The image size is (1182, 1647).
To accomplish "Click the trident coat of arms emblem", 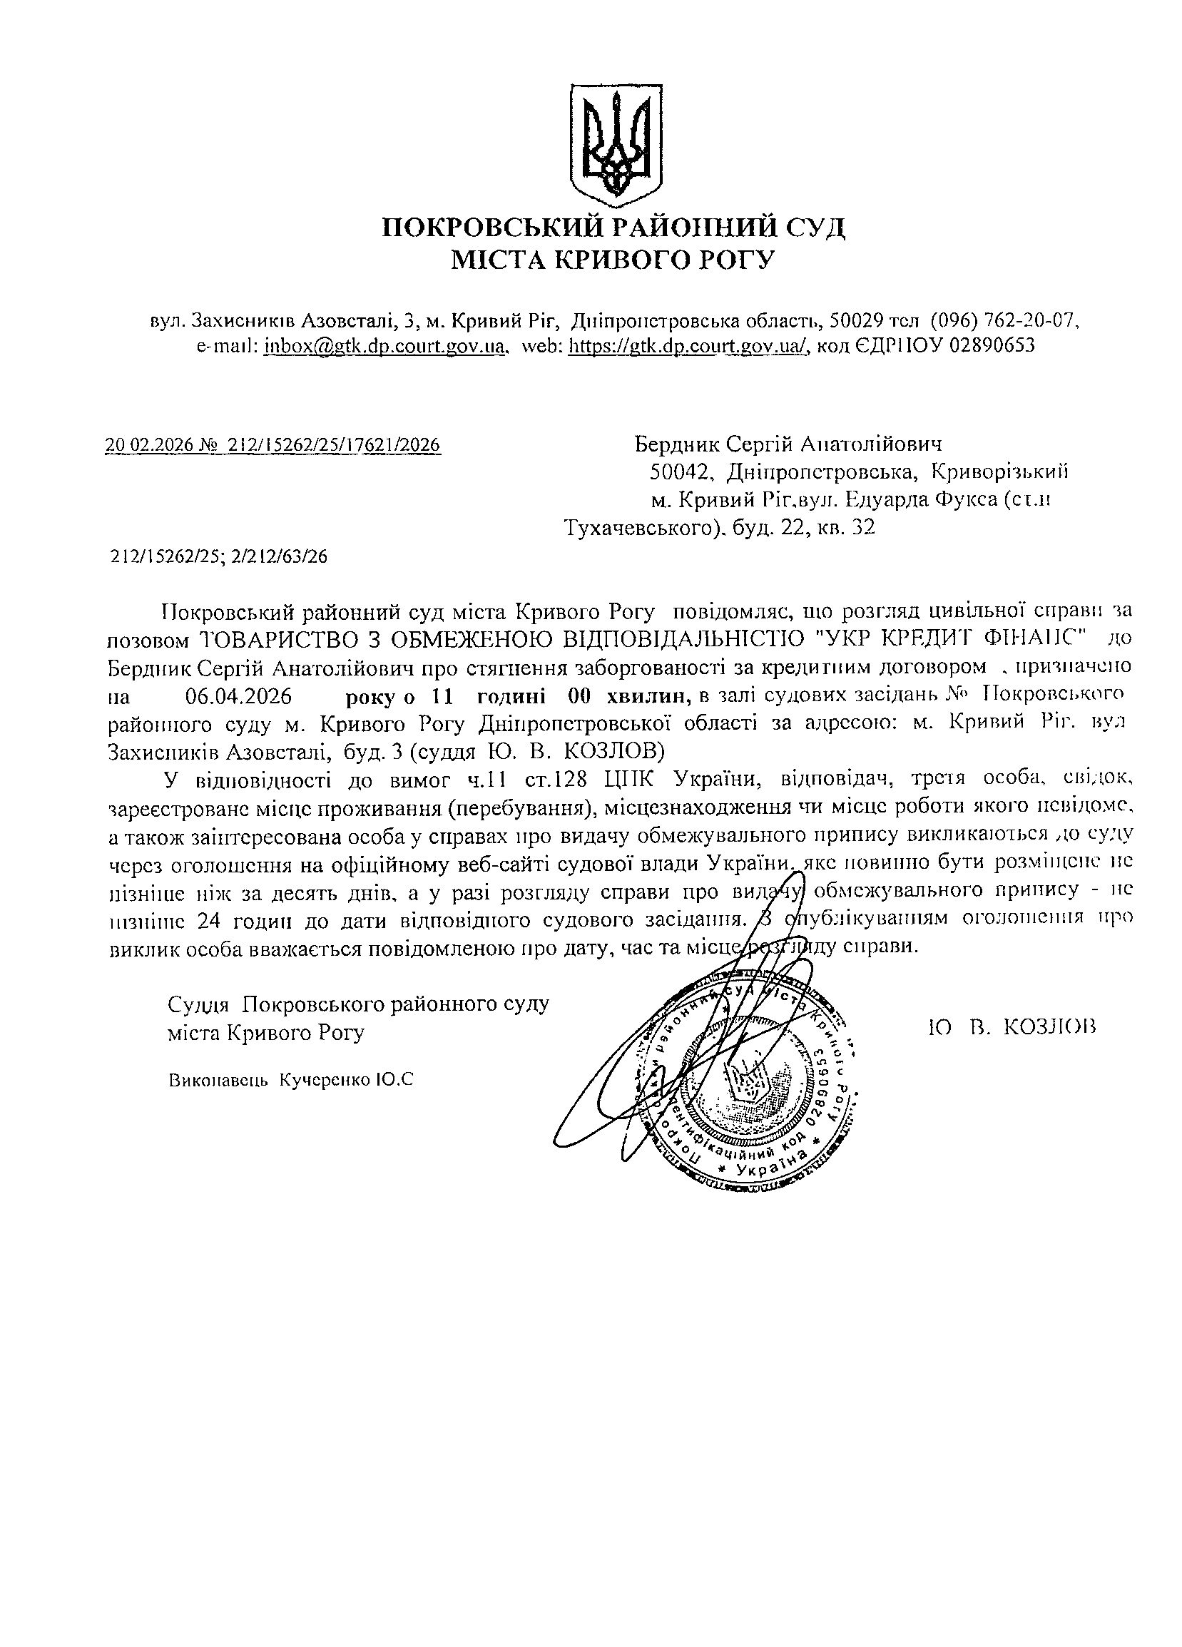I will [613, 144].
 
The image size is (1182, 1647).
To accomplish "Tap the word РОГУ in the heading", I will [735, 259].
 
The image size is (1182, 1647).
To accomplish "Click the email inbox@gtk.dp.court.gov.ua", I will [384, 346].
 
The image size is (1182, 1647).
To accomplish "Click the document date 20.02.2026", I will [149, 445].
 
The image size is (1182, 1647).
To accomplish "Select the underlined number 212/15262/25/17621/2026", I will [334, 445].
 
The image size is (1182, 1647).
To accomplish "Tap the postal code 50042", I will [679, 472].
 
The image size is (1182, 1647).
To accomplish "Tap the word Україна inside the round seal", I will [767, 1168].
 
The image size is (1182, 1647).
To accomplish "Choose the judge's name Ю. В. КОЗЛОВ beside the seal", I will [1012, 1027].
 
